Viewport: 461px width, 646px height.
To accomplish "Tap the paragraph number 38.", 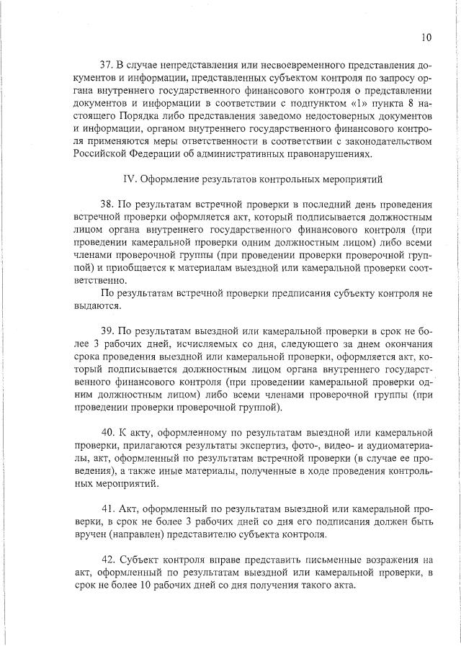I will click(x=108, y=204).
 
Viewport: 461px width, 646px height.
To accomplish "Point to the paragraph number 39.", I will click(x=108, y=331).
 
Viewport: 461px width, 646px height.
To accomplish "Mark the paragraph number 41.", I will click(x=108, y=508).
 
